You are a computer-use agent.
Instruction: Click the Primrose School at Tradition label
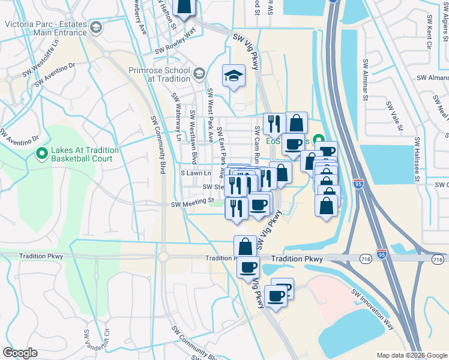pyautogui.click(x=158, y=74)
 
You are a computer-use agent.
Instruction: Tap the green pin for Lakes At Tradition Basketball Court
pyautogui.click(x=41, y=154)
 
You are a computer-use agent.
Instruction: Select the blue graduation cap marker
pyautogui.click(x=234, y=76)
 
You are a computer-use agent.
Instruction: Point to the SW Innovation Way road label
pyautogui.click(x=373, y=309)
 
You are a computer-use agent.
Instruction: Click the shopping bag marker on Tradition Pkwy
pyautogui.click(x=245, y=246)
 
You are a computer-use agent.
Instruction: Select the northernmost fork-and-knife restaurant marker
pyautogui.click(x=274, y=123)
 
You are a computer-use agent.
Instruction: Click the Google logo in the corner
pyautogui.click(x=20, y=352)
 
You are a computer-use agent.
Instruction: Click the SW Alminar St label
pyautogui.click(x=364, y=79)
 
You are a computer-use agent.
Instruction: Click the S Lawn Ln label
pyautogui.click(x=197, y=173)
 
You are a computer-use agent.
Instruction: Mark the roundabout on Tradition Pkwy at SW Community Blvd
pyautogui.click(x=163, y=257)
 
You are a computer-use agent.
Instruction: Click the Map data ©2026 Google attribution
pyautogui.click(x=411, y=355)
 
